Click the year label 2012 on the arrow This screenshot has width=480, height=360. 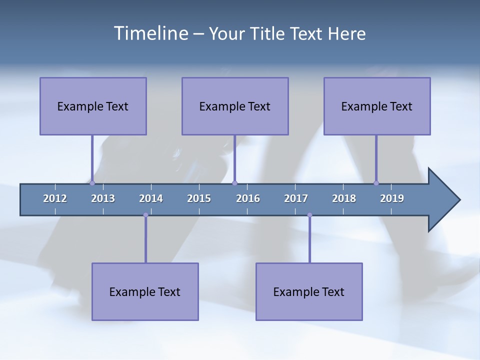pos(55,198)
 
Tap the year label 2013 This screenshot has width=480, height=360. pos(103,198)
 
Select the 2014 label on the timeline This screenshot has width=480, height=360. pos(151,198)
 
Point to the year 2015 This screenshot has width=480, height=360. pos(199,198)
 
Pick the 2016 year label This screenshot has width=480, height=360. pos(248,198)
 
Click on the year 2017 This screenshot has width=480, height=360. pos(296,198)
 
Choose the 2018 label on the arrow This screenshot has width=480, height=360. pos(344,198)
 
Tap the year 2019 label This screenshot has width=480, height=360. pos(392,198)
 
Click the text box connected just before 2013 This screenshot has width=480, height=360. pos(93,106)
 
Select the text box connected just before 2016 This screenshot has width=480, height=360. pos(235,106)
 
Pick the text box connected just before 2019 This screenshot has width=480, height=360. pos(377,106)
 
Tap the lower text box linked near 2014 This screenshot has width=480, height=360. pos(145,291)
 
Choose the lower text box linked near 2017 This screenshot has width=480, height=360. pos(309,291)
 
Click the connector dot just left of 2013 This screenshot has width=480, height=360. pos(92,183)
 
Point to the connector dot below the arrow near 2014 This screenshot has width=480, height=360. pos(145,215)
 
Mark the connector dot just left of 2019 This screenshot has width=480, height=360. pos(376,183)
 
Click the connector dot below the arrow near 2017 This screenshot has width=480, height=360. pos(309,215)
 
